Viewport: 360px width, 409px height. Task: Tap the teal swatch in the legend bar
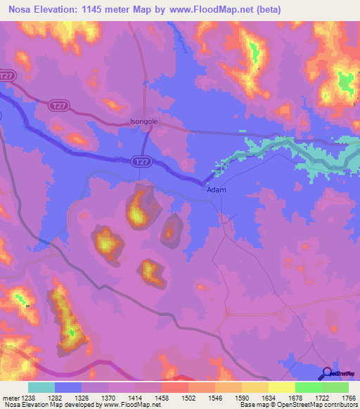pos(41,387)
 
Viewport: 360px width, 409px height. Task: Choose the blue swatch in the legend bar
pos(68,387)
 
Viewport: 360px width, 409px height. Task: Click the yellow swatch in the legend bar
pos(281,387)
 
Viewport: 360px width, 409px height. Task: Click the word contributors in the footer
pos(340,405)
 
